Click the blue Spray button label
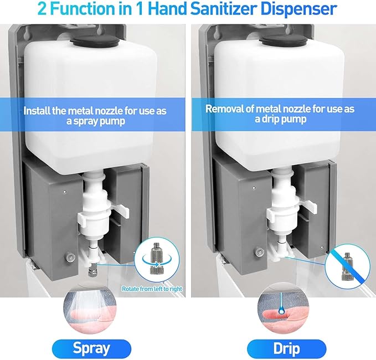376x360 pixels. [91, 348]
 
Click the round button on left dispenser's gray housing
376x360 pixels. [69, 257]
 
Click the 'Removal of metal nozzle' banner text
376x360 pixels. [280, 114]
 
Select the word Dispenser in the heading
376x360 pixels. [295, 9]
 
